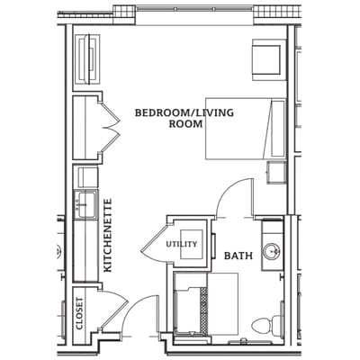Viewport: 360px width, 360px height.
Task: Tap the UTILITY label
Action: (x=180, y=244)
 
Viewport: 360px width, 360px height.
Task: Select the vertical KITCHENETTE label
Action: (x=107, y=236)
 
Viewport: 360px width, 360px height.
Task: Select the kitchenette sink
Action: (x=87, y=204)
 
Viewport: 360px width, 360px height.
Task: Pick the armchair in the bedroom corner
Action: (x=267, y=58)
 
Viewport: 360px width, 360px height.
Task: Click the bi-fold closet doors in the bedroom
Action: (x=111, y=127)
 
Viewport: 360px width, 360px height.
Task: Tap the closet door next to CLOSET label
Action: (x=111, y=311)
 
